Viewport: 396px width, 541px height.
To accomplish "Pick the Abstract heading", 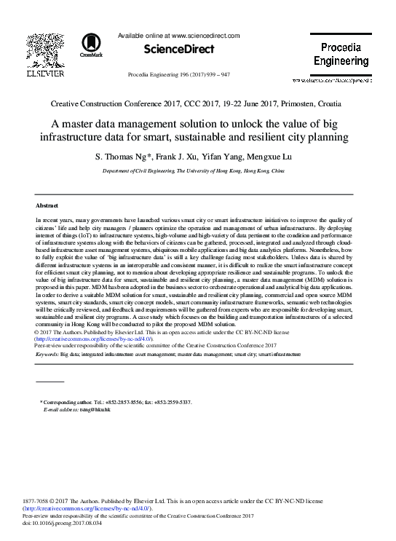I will pos(47,206).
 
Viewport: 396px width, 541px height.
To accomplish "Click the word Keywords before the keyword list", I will pos(47,354).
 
